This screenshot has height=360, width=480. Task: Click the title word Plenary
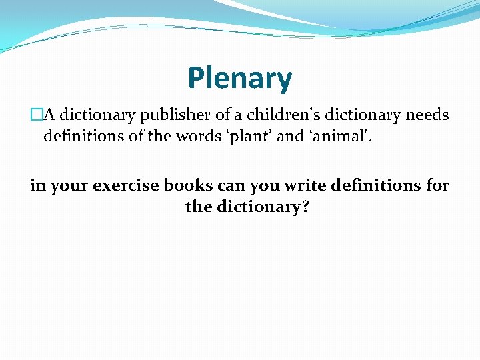point(239,79)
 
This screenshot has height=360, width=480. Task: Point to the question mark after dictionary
point(304,207)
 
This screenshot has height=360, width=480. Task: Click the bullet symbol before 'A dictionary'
point(36,115)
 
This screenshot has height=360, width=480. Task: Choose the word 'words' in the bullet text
point(199,137)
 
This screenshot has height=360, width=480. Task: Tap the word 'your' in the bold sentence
point(68,185)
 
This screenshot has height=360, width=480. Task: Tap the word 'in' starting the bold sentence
point(37,185)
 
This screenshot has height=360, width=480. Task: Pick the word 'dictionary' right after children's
point(359,115)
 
